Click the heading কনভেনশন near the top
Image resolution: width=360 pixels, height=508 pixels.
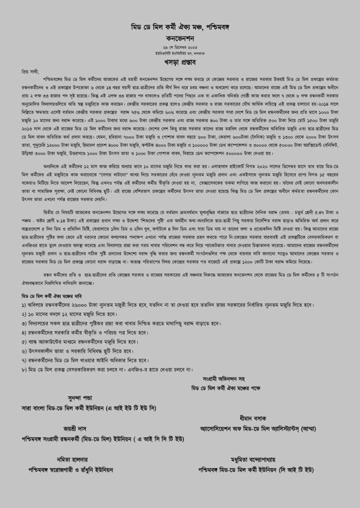coord(180,38)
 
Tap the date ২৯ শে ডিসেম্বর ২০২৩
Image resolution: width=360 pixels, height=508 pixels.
coord(180,47)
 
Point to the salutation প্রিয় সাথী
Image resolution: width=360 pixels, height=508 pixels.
coord(31,71)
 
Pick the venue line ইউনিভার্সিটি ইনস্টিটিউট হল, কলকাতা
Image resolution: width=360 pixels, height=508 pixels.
coord(180,53)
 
